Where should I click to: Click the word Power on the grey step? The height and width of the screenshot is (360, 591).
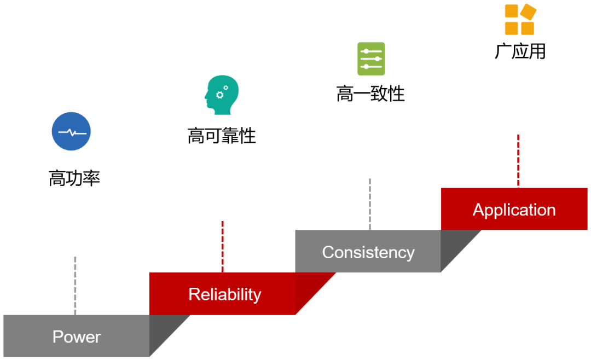coord(77,336)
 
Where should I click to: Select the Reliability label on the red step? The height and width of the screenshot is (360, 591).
coord(224,294)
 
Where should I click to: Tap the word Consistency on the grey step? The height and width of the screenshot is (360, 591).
coord(368,252)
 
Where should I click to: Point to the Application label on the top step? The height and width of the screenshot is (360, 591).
coord(514,210)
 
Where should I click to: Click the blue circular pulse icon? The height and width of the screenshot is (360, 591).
coord(71,131)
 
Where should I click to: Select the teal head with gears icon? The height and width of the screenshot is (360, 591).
coord(221,95)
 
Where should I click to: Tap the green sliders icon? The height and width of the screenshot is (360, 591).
coord(371,59)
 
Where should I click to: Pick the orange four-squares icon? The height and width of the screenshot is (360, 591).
coord(519,20)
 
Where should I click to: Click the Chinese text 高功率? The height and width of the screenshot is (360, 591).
coord(74,178)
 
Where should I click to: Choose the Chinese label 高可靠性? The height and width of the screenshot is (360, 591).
coord(222,136)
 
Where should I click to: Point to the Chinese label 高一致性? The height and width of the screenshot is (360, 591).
coord(370,94)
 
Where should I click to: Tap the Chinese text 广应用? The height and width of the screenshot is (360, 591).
coord(520,51)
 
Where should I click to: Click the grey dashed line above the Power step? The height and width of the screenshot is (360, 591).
coord(75,284)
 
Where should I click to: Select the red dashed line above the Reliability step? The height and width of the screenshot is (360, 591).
coord(222,246)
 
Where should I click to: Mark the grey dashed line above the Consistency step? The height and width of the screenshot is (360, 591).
coord(369,204)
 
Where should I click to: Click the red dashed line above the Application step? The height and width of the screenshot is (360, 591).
coord(518,161)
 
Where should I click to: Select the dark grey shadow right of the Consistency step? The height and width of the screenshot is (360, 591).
coord(454,247)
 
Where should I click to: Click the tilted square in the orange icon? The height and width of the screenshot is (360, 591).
coord(528,11)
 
